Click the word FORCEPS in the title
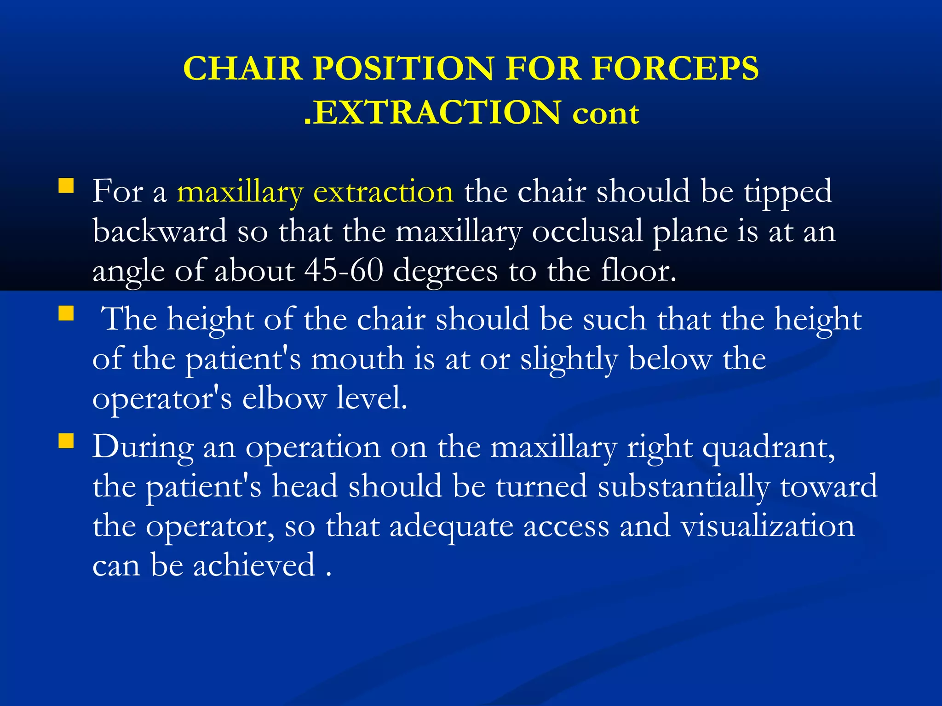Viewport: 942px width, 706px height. click(x=675, y=69)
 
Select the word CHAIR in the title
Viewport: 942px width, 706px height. click(x=242, y=69)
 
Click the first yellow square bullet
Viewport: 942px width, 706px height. click(x=66, y=186)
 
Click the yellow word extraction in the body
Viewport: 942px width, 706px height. click(x=383, y=192)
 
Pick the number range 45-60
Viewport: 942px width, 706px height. click(x=344, y=271)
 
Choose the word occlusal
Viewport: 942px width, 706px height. click(x=587, y=231)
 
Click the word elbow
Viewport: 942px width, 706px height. click(x=284, y=398)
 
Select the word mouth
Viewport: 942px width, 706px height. click(x=357, y=359)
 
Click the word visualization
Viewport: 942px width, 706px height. click(x=768, y=526)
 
